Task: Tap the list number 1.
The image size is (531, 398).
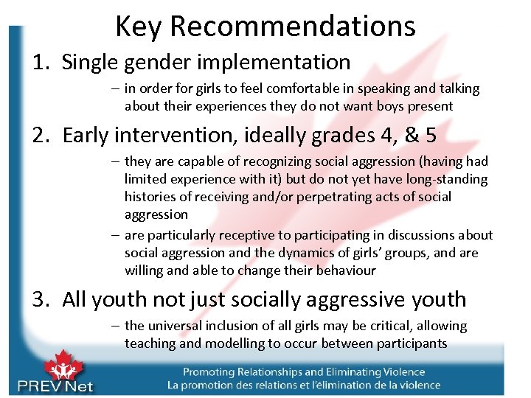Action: (x=40, y=63)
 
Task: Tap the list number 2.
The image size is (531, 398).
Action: (x=41, y=136)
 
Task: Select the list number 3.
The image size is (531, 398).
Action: (x=41, y=299)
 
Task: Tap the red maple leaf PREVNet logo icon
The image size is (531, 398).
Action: (x=63, y=366)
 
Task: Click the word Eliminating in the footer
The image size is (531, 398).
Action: (x=344, y=372)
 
